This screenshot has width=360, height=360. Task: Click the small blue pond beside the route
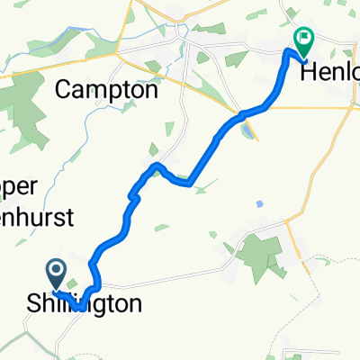coord(246,132)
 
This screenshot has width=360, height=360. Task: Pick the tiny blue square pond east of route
coord(259,203)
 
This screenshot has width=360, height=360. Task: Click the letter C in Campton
coord(65,90)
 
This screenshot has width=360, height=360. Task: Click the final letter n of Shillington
coord(134,304)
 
